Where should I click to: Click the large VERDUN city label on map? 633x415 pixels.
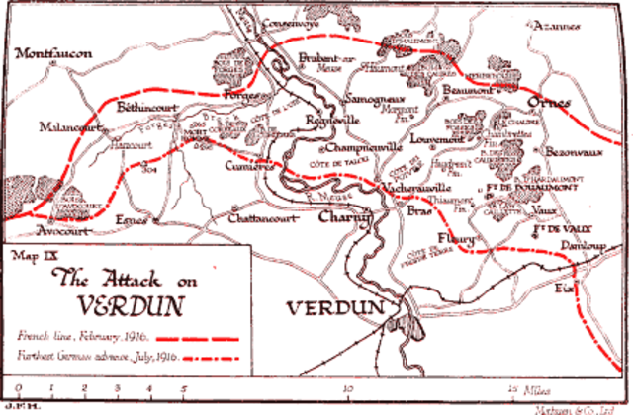[333, 308]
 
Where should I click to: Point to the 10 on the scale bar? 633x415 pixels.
[345, 390]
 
